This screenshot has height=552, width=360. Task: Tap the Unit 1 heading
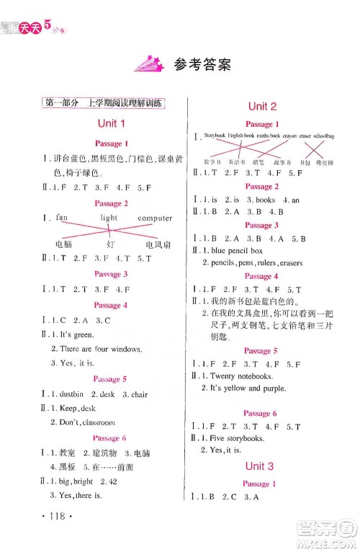click(x=111, y=124)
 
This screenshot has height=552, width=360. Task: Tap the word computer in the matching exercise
click(x=155, y=218)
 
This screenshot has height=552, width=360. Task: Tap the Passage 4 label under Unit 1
click(x=111, y=305)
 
